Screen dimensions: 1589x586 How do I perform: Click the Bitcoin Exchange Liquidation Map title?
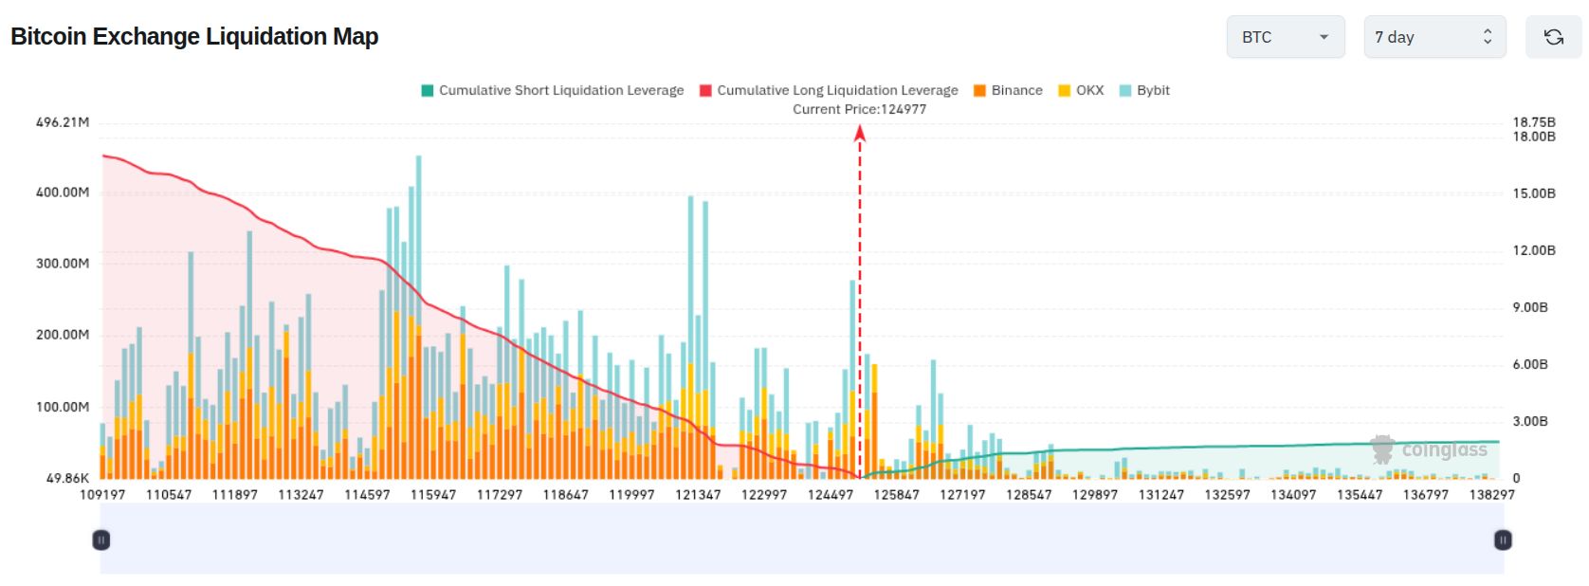coord(194,36)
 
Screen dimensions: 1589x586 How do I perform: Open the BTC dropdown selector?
coord(1286,37)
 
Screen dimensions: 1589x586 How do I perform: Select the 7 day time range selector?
coord(1434,37)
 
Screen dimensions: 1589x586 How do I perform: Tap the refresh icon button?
coord(1554,37)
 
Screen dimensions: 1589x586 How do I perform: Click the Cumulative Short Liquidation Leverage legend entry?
coord(553,90)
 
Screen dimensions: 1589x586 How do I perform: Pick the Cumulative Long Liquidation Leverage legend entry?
coord(829,90)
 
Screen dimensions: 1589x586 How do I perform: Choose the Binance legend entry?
coord(1008,90)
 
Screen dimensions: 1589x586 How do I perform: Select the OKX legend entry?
coord(1081,90)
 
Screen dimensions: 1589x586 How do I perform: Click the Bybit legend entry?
coord(1144,90)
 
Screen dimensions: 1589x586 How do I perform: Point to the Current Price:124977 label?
coord(859,109)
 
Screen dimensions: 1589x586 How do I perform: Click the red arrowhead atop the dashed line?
coord(860,133)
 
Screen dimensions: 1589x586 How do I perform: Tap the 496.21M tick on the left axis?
coord(63,122)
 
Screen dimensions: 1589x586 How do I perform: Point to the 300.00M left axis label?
coord(63,264)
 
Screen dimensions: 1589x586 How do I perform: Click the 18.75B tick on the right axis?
coord(1534,122)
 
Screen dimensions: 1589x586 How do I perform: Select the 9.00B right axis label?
coord(1530,307)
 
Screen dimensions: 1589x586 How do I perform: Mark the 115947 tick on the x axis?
coord(433,494)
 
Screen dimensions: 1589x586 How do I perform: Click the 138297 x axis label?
coord(1491,494)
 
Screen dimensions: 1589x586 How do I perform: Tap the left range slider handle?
coord(101,540)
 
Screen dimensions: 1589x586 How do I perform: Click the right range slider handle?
coord(1503,540)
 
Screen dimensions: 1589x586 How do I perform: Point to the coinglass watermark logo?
coord(1428,449)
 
